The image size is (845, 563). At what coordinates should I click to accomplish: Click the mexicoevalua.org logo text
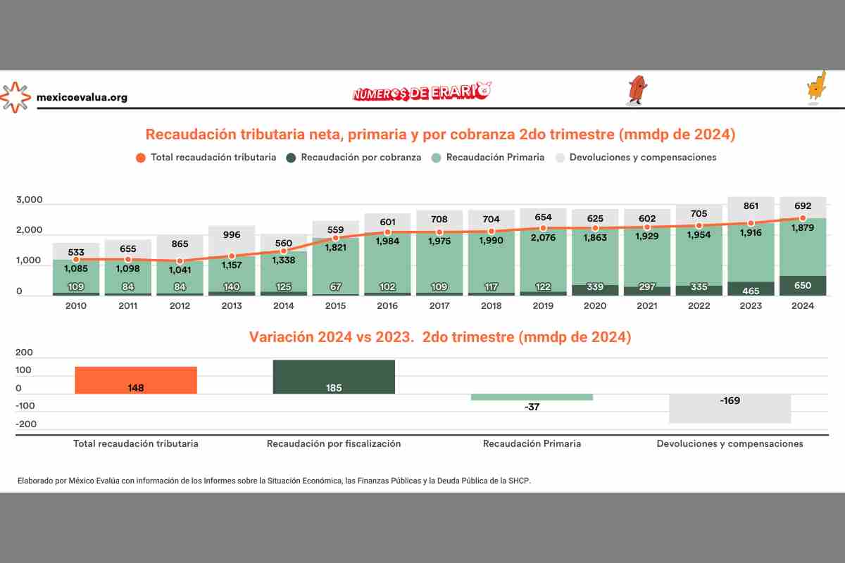coord(82,98)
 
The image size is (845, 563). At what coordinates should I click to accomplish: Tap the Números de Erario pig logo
coord(421,91)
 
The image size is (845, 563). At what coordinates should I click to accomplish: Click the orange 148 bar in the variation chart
coord(136,380)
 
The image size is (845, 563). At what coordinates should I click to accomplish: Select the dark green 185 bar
coord(334,377)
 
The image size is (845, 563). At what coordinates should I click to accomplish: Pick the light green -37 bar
coord(532,397)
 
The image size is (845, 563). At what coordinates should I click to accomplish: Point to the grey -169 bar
coord(730,408)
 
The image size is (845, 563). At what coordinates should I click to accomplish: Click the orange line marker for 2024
coord(803,218)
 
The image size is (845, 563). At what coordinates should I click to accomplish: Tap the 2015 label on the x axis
coord(335,306)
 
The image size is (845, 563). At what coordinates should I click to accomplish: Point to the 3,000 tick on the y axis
coord(29,201)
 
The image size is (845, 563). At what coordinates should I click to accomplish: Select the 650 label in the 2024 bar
coord(803,286)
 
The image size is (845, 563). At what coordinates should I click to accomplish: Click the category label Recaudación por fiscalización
coord(334,444)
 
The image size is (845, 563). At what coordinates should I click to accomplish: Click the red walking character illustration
coord(637,90)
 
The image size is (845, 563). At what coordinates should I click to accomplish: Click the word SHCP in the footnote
coord(520,481)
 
